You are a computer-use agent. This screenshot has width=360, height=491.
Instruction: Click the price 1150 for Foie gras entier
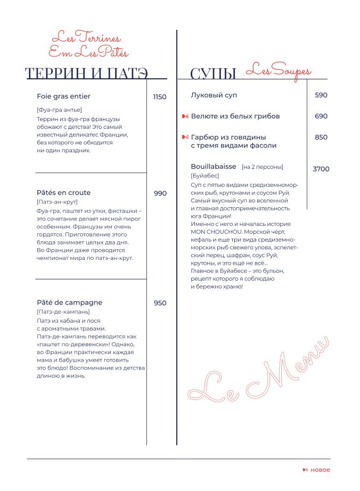pyautogui.click(x=160, y=97)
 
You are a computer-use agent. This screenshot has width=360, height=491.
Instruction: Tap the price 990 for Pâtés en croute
pyautogui.click(x=160, y=193)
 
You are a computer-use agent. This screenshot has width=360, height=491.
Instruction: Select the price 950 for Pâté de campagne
pyautogui.click(x=160, y=303)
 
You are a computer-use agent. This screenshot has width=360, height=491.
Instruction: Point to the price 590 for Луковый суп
pyautogui.click(x=321, y=95)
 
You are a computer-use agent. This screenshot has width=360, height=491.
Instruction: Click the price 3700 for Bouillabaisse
pyautogui.click(x=321, y=169)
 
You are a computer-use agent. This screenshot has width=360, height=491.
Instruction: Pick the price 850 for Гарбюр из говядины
pyautogui.click(x=321, y=137)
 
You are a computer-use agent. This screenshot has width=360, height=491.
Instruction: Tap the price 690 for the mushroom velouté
pyautogui.click(x=321, y=116)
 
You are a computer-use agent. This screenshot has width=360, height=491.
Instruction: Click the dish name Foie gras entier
pyautogui.click(x=64, y=96)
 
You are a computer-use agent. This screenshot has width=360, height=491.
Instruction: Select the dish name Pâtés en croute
pyautogui.click(x=64, y=193)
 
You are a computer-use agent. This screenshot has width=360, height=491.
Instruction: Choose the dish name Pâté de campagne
pyautogui.click(x=70, y=302)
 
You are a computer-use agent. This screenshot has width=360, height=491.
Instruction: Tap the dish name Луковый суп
pyautogui.click(x=214, y=95)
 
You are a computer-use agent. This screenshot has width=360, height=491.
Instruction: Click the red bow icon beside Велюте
pyautogui.click(x=185, y=116)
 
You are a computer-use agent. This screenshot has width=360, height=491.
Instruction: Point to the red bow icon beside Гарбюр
pyautogui.click(x=185, y=137)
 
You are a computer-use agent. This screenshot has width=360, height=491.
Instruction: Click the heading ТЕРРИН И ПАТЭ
pyautogui.click(x=86, y=73)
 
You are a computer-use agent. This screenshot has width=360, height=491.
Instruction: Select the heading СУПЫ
pyautogui.click(x=213, y=73)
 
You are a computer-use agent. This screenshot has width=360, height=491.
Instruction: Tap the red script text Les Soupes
pyautogui.click(x=279, y=70)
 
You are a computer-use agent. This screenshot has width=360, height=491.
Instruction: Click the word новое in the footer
pyautogui.click(x=320, y=470)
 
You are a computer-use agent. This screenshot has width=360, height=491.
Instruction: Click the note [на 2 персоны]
pyautogui.click(x=262, y=167)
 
